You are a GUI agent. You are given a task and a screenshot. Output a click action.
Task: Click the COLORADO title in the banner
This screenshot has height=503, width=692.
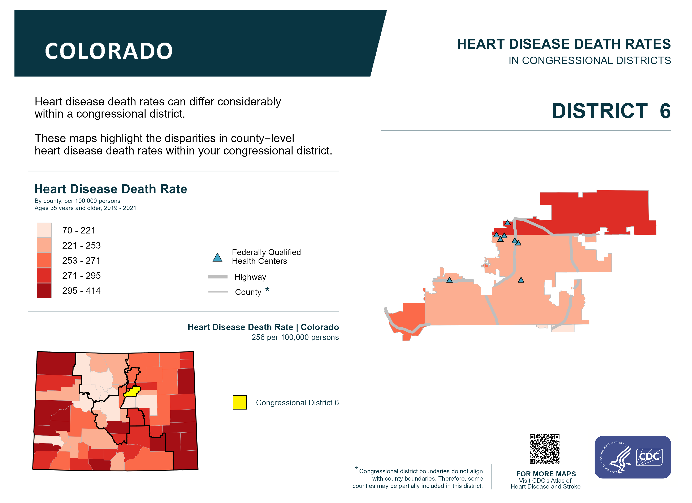coord(109,51)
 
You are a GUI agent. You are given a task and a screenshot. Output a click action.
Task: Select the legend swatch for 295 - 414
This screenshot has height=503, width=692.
coord(44,290)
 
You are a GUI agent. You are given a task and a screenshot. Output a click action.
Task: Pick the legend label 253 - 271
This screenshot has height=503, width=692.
coord(81,261)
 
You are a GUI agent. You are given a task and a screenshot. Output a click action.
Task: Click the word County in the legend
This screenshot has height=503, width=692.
coord(248,292)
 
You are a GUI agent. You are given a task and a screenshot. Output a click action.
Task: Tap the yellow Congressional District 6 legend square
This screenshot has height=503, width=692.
coord(240,402)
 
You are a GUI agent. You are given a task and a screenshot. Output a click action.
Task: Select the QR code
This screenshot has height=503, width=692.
coord(545,449)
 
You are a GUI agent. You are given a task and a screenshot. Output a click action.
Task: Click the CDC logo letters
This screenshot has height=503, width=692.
coord(649,457)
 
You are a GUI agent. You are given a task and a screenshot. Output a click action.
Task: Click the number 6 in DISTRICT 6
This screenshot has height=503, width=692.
coord(665,111)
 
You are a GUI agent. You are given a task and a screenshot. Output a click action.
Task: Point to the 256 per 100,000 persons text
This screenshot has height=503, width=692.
coord(295,337)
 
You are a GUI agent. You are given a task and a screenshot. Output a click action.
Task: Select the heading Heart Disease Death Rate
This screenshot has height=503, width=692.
coord(111,189)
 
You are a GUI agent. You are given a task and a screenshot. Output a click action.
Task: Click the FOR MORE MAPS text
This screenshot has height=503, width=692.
coord(546,474)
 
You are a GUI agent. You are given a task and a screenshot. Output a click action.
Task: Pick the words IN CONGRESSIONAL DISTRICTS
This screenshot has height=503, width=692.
coord(589,61)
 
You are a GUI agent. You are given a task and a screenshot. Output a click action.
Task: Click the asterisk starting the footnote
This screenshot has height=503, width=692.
coord(356,468)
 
